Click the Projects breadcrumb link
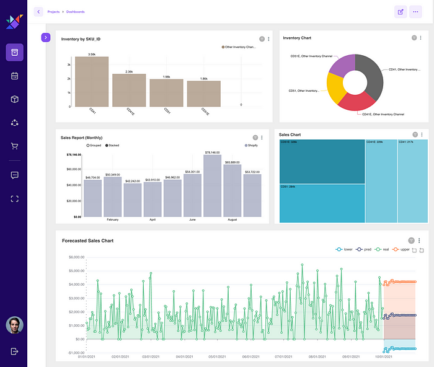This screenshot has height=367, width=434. [53, 12]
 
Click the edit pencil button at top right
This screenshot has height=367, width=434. [401, 12]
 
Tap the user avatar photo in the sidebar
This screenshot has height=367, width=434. [14, 325]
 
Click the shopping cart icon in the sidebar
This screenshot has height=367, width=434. [14, 146]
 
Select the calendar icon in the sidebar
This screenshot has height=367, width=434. [14, 76]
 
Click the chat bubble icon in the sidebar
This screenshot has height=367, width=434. [14, 175]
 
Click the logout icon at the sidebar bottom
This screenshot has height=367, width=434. [14, 352]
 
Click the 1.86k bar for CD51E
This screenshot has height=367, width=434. [203, 94]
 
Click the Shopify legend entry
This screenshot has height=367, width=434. [250, 145]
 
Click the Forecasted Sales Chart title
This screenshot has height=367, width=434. [87, 241]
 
